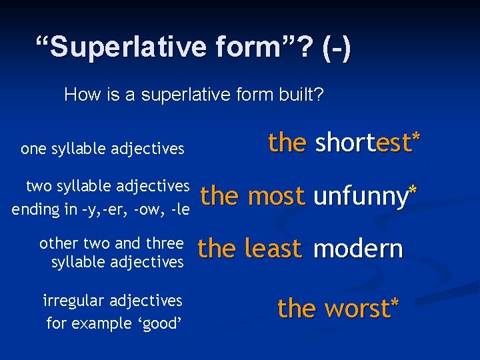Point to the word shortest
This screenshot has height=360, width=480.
click(x=363, y=143)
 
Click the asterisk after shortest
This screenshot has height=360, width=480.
click(x=416, y=137)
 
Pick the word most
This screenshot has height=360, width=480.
click(x=276, y=196)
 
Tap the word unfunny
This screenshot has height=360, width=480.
click(x=360, y=197)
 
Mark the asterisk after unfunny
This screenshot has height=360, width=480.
click(x=413, y=191)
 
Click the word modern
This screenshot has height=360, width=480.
click(x=358, y=249)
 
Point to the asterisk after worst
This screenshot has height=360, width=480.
click(x=395, y=304)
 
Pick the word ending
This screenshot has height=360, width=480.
click(x=37, y=209)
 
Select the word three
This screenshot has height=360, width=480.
click(x=164, y=242)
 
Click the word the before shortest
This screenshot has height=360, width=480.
click(x=287, y=143)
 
